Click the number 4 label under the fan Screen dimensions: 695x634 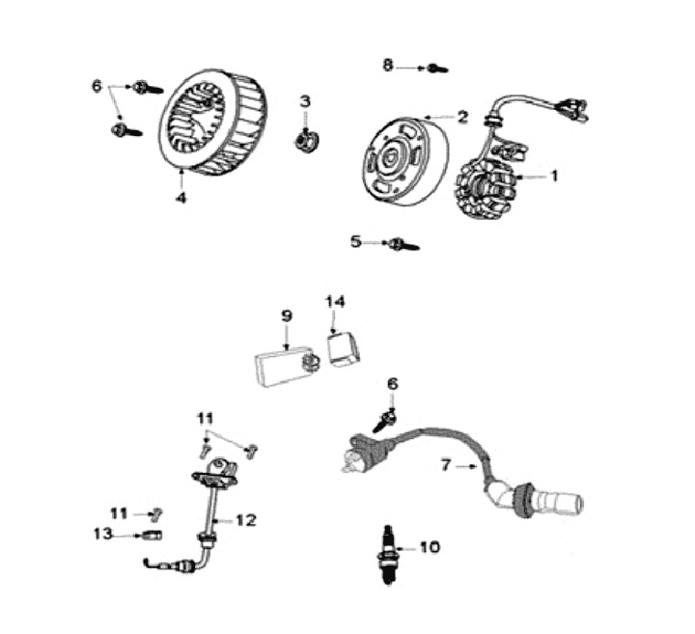181,199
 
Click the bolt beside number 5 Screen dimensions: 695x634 401,243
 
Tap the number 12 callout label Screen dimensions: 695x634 245,520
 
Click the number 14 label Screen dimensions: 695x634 334,301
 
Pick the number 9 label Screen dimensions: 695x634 287,316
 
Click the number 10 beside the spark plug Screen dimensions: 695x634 429,547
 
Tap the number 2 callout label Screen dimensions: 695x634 462,118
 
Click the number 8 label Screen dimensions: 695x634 388,66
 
